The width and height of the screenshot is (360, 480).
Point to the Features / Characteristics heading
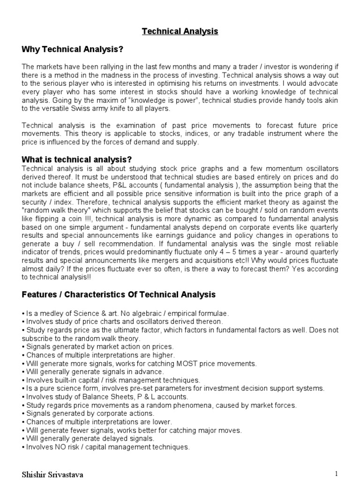click(x=119, y=294)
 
